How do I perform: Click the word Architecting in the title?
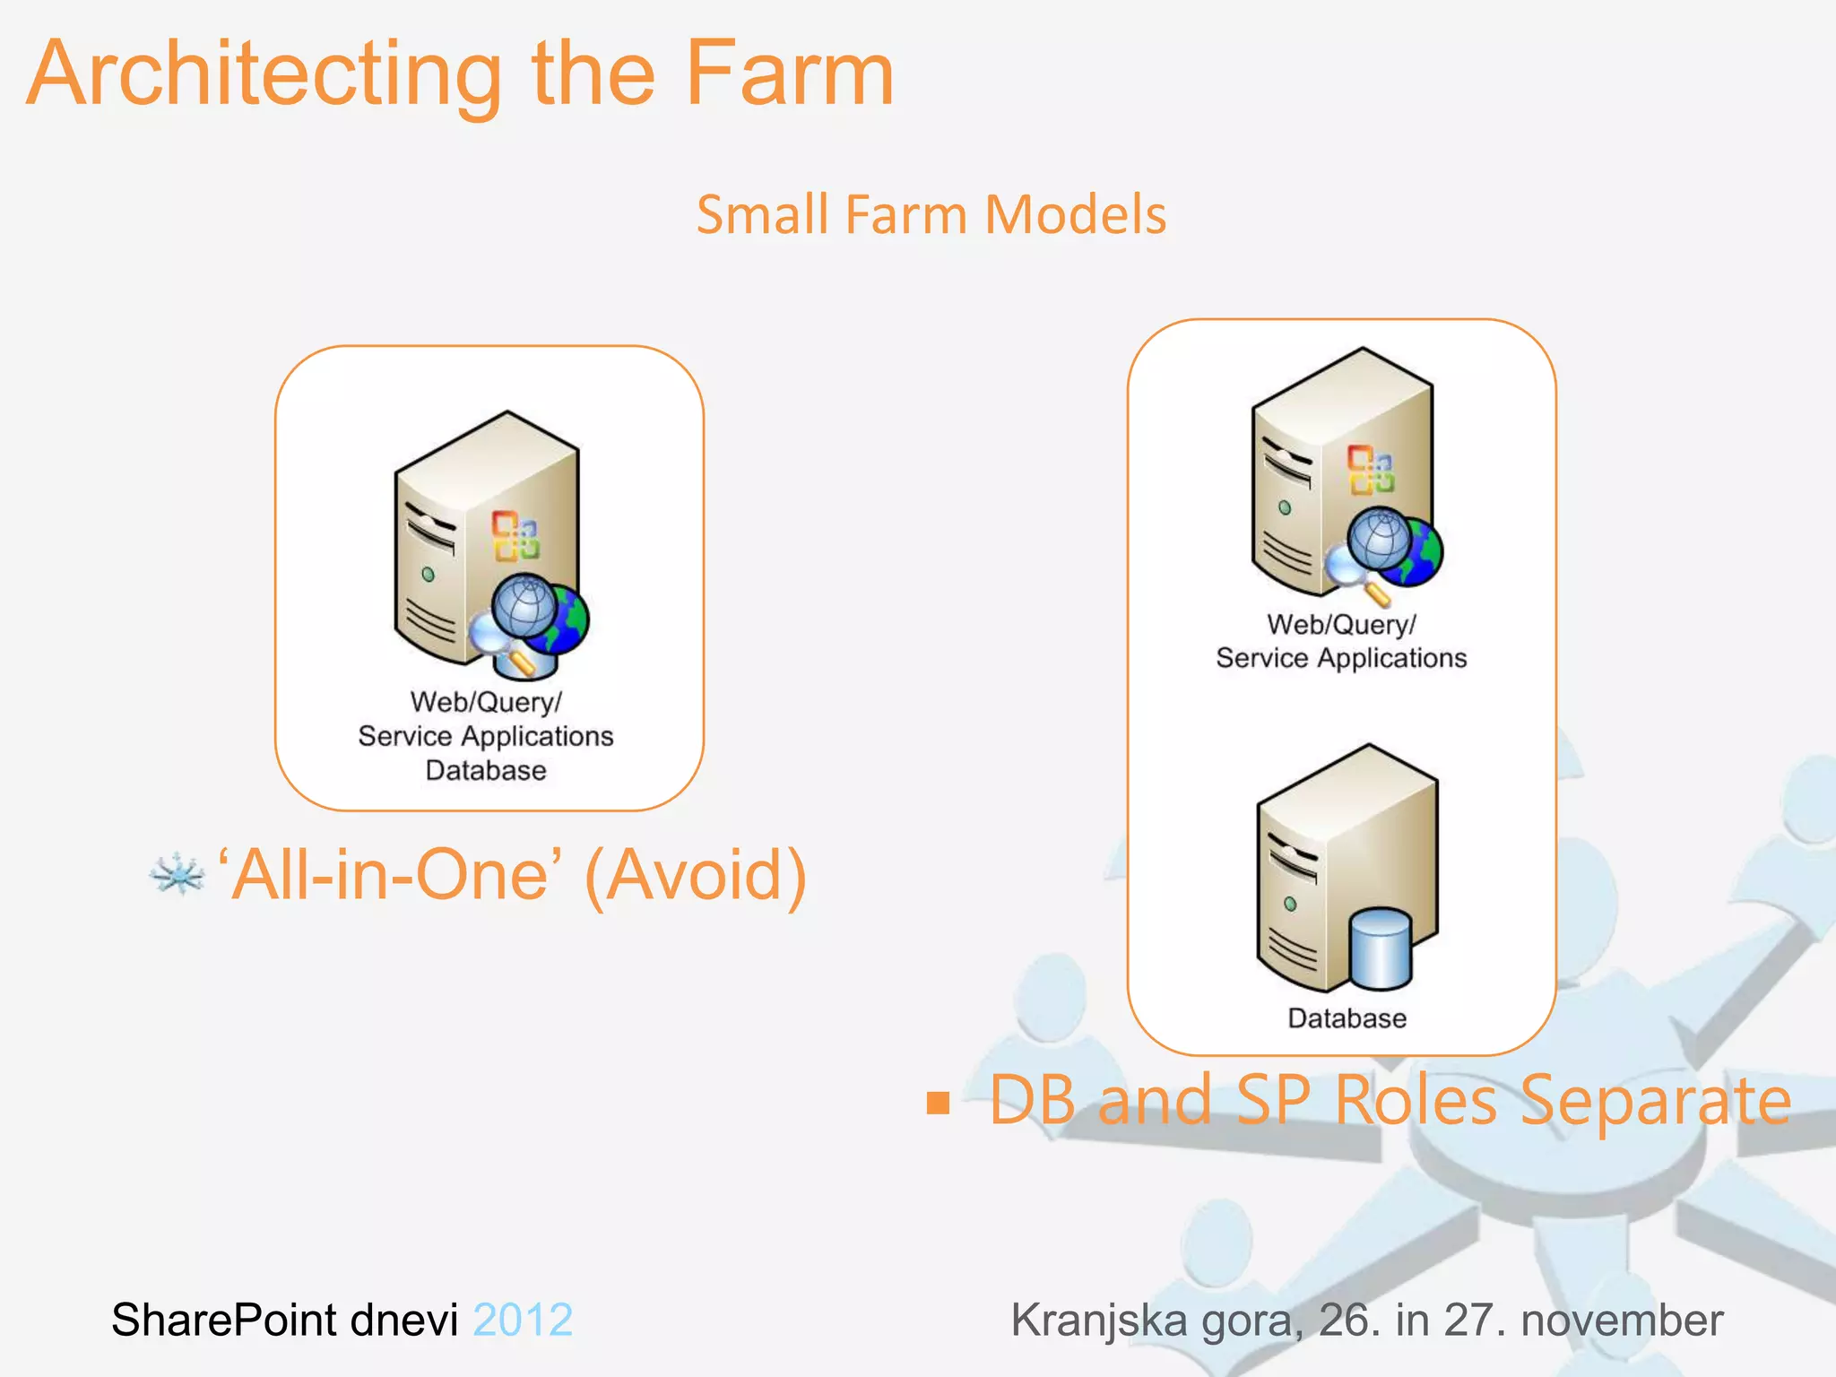pyautogui.click(x=264, y=76)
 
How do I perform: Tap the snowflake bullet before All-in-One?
pyautogui.click(x=177, y=874)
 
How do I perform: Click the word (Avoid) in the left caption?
pyautogui.click(x=695, y=876)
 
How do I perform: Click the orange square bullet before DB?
pyautogui.click(x=938, y=1103)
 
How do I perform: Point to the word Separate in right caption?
pyautogui.click(x=1654, y=1101)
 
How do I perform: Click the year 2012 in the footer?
pyautogui.click(x=523, y=1320)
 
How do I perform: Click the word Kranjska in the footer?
pyautogui.click(x=1098, y=1320)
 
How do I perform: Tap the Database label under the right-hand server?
pyautogui.click(x=1347, y=1018)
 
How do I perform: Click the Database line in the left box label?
pyautogui.click(x=486, y=770)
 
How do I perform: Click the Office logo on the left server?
pyautogui.click(x=515, y=535)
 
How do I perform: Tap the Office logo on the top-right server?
pyautogui.click(x=1371, y=469)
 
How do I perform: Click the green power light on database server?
pyautogui.click(x=1290, y=904)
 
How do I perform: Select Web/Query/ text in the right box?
pyautogui.click(x=1341, y=625)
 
